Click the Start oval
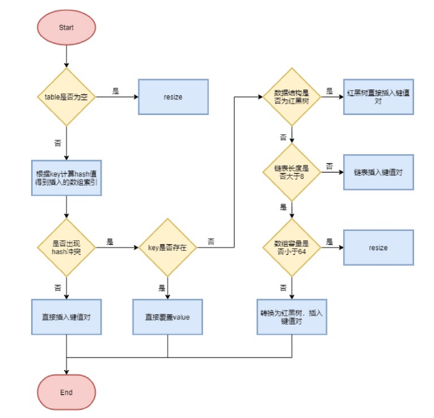tap(66, 29)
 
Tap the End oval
tap(66, 392)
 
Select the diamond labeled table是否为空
tap(66, 97)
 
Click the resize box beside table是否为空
tap(173, 97)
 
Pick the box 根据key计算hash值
tap(66, 176)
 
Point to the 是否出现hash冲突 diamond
tap(66, 248)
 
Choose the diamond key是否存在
tap(168, 248)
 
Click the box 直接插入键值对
tap(66, 317)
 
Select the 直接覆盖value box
tap(168, 317)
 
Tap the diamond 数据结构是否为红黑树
tap(291, 97)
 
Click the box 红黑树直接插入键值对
tap(379, 97)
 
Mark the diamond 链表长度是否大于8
tap(291, 172)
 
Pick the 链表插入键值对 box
tap(379, 172)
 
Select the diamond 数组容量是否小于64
tap(291, 248)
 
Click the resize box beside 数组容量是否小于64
tap(379, 248)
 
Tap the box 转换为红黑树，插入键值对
tap(291, 317)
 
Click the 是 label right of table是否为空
tap(115, 91)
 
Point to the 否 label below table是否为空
tap(58, 142)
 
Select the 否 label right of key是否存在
tap(210, 242)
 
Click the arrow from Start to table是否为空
tap(66, 57)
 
